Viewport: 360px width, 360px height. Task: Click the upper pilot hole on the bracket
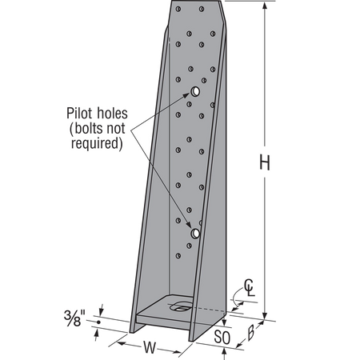point(194,93)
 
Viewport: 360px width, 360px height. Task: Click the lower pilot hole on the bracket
point(195,233)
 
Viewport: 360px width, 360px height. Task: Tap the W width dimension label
point(149,347)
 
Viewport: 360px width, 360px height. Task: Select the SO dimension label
point(222,338)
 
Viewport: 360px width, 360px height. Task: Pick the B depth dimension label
point(250,330)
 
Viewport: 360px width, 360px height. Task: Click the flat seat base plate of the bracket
point(164,312)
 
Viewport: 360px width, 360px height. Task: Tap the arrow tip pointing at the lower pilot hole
point(190,227)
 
